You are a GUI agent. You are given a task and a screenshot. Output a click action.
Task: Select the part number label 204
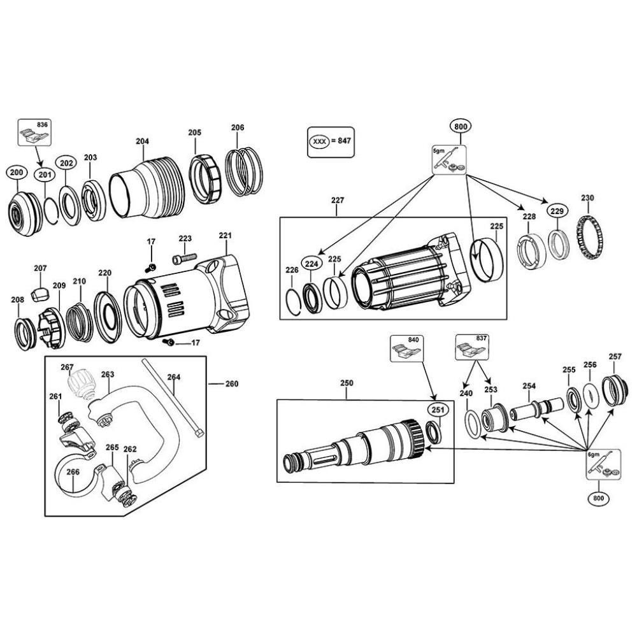pos(142,141)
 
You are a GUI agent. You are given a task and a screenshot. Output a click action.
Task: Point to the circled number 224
pos(310,263)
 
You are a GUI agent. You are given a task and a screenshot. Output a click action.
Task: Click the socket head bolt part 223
pos(184,259)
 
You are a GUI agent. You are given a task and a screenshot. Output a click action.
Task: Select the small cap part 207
pos(40,294)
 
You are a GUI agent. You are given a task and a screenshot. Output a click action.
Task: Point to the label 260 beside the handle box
pos(232,384)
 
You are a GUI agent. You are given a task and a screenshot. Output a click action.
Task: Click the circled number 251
pos(436,409)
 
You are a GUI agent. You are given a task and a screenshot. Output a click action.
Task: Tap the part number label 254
pos(529,386)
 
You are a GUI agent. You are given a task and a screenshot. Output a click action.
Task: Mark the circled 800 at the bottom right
pos(599,497)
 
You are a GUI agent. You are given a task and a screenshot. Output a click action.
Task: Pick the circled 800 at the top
pos(461,127)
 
